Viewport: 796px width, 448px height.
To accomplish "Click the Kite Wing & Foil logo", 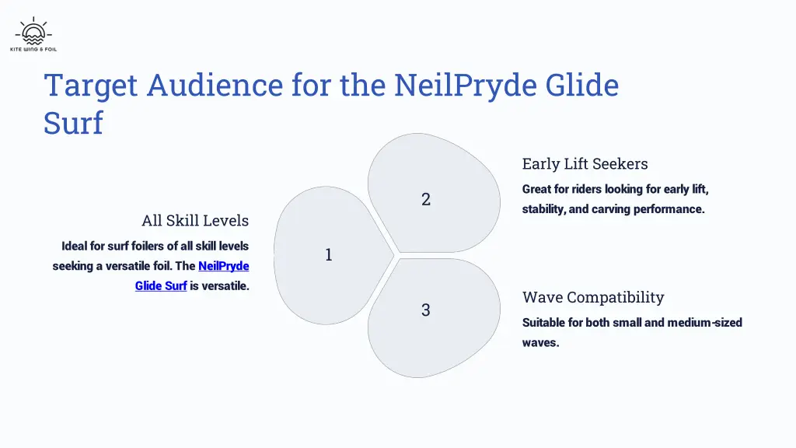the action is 33,34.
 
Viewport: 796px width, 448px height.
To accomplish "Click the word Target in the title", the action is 91,85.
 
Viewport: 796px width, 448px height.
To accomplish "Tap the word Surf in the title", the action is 73,123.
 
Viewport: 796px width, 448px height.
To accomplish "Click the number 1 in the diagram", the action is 329,254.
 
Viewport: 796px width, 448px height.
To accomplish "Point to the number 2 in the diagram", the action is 426,199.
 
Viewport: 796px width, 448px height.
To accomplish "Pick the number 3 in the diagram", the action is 426,310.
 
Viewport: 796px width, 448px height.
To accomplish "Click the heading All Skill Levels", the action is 195,221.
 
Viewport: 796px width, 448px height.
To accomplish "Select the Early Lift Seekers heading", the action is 585,164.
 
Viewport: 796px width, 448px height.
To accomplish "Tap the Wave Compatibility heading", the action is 593,297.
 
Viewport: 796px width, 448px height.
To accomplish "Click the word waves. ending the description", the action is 540,342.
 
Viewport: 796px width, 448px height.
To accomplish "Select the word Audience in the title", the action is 215,85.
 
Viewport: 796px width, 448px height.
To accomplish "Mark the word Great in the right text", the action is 537,189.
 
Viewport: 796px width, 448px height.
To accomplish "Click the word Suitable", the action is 543,322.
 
